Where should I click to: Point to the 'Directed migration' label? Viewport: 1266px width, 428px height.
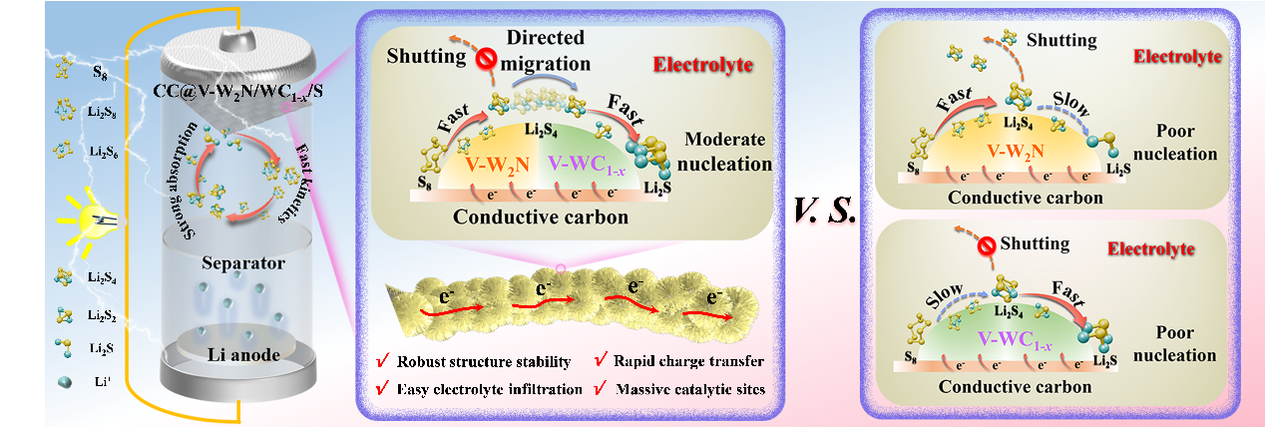(x=546, y=49)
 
